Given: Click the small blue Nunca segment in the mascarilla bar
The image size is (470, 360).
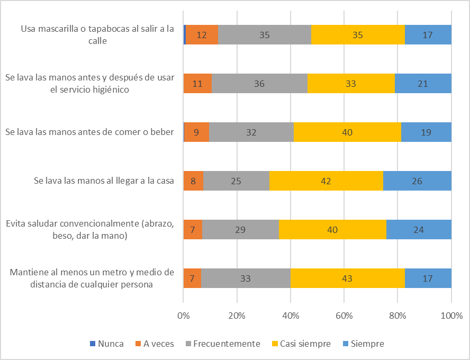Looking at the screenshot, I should [185, 35].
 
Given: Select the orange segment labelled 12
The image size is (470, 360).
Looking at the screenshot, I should [202, 35].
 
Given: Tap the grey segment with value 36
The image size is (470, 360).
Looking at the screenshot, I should [259, 84].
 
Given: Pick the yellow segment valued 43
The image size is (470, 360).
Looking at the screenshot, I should [347, 278].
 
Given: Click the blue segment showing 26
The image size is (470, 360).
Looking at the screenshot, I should [417, 181].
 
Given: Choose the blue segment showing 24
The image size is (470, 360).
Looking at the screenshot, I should [419, 229].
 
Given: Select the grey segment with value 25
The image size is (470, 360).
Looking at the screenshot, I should [236, 181].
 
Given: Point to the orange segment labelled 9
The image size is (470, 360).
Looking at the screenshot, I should [196, 132].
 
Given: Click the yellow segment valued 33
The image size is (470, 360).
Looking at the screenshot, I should [351, 84].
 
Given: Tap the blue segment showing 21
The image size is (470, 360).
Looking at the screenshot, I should [423, 84].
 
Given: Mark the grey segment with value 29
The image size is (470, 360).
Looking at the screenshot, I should [240, 229].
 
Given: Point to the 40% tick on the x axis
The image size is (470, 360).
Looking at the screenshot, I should [291, 316].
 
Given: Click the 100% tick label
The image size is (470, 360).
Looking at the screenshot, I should [451, 316].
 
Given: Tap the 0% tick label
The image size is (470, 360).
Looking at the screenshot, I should [183, 316].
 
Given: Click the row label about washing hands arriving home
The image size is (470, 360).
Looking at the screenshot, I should [104, 181].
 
